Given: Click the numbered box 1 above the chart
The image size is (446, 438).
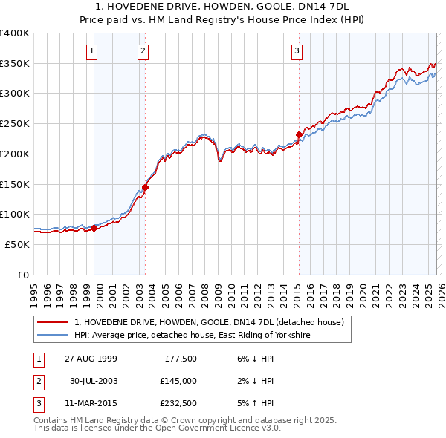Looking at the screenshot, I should [x=91, y=51].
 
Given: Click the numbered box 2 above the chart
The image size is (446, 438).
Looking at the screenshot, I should [x=143, y=51].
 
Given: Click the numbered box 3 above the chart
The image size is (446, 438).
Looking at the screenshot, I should [x=297, y=51].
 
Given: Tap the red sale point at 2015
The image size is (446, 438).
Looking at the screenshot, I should [x=299, y=134].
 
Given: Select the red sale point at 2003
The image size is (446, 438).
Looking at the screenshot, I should [x=146, y=187].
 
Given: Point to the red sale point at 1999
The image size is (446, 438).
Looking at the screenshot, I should [x=94, y=228].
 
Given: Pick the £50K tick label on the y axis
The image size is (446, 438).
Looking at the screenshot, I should [x=17, y=244].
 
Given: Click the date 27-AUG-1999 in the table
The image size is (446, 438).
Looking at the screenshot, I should [x=90, y=359].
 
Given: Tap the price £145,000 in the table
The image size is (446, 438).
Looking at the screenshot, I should [x=178, y=381].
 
